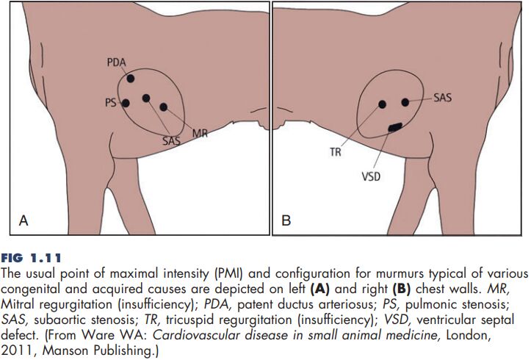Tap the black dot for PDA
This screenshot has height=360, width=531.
pyautogui.click(x=131, y=78)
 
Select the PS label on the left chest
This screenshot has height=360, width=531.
pyautogui.click(x=110, y=104)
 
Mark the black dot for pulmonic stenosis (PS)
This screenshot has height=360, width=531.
pyautogui.click(x=126, y=103)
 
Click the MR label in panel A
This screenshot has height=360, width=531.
pyautogui.click(x=200, y=133)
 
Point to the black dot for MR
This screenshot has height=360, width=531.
pyautogui.click(x=164, y=107)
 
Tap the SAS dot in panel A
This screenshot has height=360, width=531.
pyautogui.click(x=146, y=98)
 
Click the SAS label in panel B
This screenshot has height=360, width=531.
pyautogui.click(x=443, y=97)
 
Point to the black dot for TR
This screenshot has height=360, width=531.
pyautogui.click(x=382, y=104)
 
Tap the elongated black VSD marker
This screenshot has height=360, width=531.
pyautogui.click(x=395, y=127)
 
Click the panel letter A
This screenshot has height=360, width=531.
pyautogui.click(x=24, y=219)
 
